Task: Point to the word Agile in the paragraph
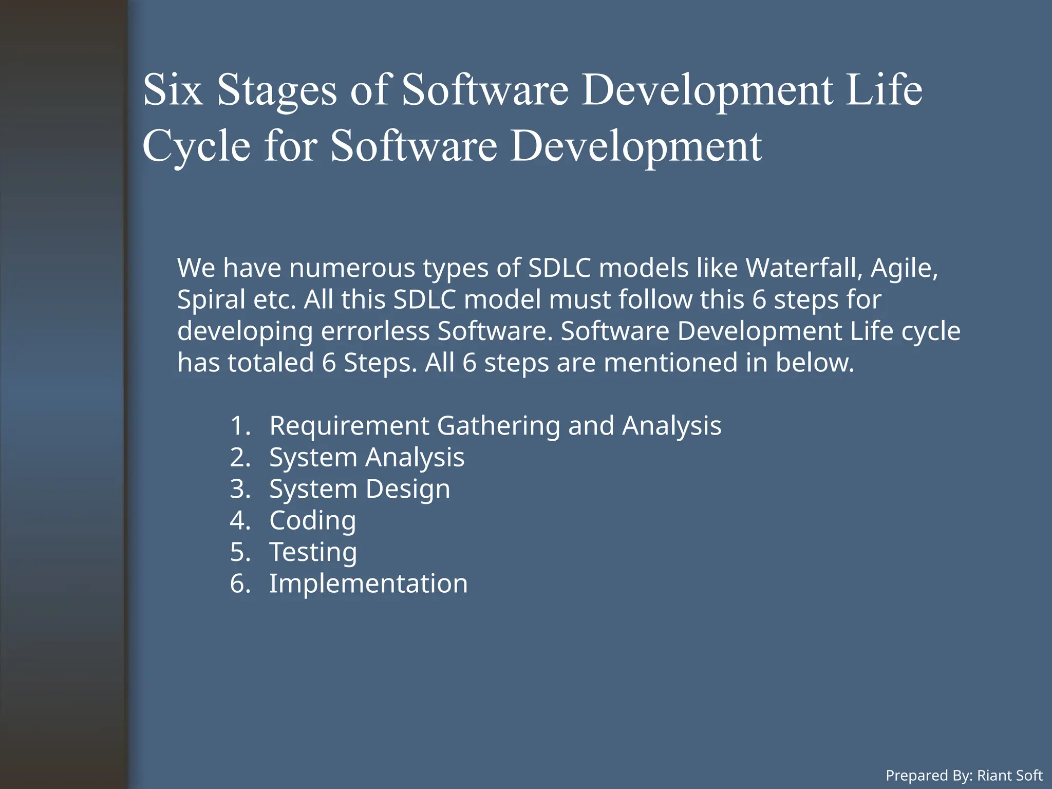[904, 269]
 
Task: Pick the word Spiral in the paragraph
[211, 300]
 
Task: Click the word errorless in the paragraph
[375, 331]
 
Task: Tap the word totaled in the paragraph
[271, 363]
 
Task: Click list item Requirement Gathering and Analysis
[495, 426]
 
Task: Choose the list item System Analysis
[367, 457]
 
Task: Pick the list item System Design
[360, 489]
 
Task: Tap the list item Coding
[312, 520]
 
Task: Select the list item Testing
[313, 552]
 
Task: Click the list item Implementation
[368, 584]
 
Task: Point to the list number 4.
[239, 520]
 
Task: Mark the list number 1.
[239, 426]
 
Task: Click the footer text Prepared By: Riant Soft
[964, 775]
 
